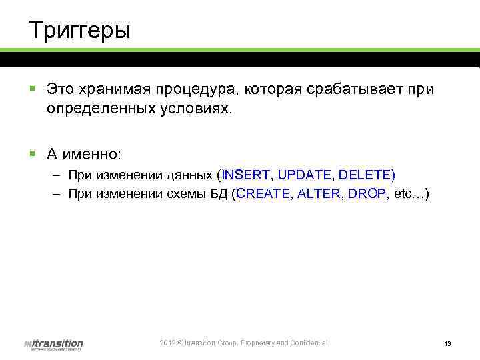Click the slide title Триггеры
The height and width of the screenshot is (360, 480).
coord(80,31)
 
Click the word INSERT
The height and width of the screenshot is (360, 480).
coord(246,175)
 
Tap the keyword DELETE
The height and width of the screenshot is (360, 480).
coord(365,175)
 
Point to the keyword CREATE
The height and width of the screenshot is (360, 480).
coord(265,194)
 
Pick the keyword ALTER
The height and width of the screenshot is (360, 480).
coord(321,194)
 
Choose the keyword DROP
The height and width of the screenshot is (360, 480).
coord(367,194)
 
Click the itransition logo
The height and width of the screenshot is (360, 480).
coord(53,344)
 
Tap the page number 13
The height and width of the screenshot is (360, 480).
coord(447,344)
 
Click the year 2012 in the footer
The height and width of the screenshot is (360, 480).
coord(167,343)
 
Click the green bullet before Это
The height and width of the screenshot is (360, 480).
coord(32,88)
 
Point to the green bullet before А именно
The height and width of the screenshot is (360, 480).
coord(32,153)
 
